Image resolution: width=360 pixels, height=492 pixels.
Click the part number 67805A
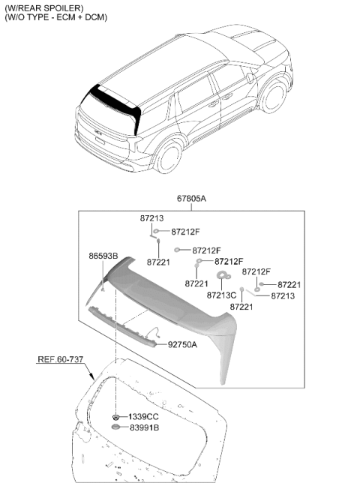pos(191,199)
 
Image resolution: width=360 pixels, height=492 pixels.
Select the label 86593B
pos(103,256)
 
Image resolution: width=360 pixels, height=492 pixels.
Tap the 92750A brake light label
pos(182,344)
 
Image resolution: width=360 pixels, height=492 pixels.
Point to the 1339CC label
pos(143,417)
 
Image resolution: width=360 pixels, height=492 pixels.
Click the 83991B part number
pos(145,427)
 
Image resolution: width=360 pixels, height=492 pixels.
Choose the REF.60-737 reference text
pos(61,359)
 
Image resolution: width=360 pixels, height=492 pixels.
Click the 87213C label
pos(221,295)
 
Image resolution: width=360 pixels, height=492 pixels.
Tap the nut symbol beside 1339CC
pos(115,417)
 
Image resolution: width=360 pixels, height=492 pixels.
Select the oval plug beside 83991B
pos(116,427)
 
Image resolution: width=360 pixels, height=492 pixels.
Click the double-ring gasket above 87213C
pos(223,275)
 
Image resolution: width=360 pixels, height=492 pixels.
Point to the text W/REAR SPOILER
pos(44,8)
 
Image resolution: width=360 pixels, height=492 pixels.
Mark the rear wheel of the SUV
pos(169,157)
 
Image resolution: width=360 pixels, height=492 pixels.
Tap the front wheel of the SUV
pos(274,97)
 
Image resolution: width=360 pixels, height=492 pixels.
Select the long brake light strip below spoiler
pos(122,327)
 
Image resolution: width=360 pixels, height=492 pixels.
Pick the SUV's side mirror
pos(250,78)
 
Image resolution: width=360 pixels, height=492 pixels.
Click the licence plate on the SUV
pos(100,140)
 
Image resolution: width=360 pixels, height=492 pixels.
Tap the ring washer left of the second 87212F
pos(177,250)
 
